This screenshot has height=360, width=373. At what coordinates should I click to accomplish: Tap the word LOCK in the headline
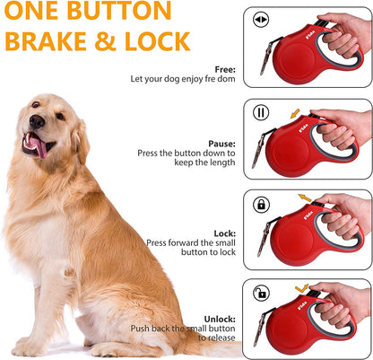point(157,42)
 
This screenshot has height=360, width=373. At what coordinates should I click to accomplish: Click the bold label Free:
point(225,69)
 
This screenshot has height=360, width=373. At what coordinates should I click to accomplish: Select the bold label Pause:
point(221,143)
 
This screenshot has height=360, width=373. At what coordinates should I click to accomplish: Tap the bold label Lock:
point(224,233)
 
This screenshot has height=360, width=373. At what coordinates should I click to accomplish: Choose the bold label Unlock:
point(220,318)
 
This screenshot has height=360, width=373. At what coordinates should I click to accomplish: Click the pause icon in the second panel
point(261,114)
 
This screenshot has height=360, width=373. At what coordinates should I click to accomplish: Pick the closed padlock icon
point(261,205)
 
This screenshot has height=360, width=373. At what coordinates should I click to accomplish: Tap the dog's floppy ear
point(81,138)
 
